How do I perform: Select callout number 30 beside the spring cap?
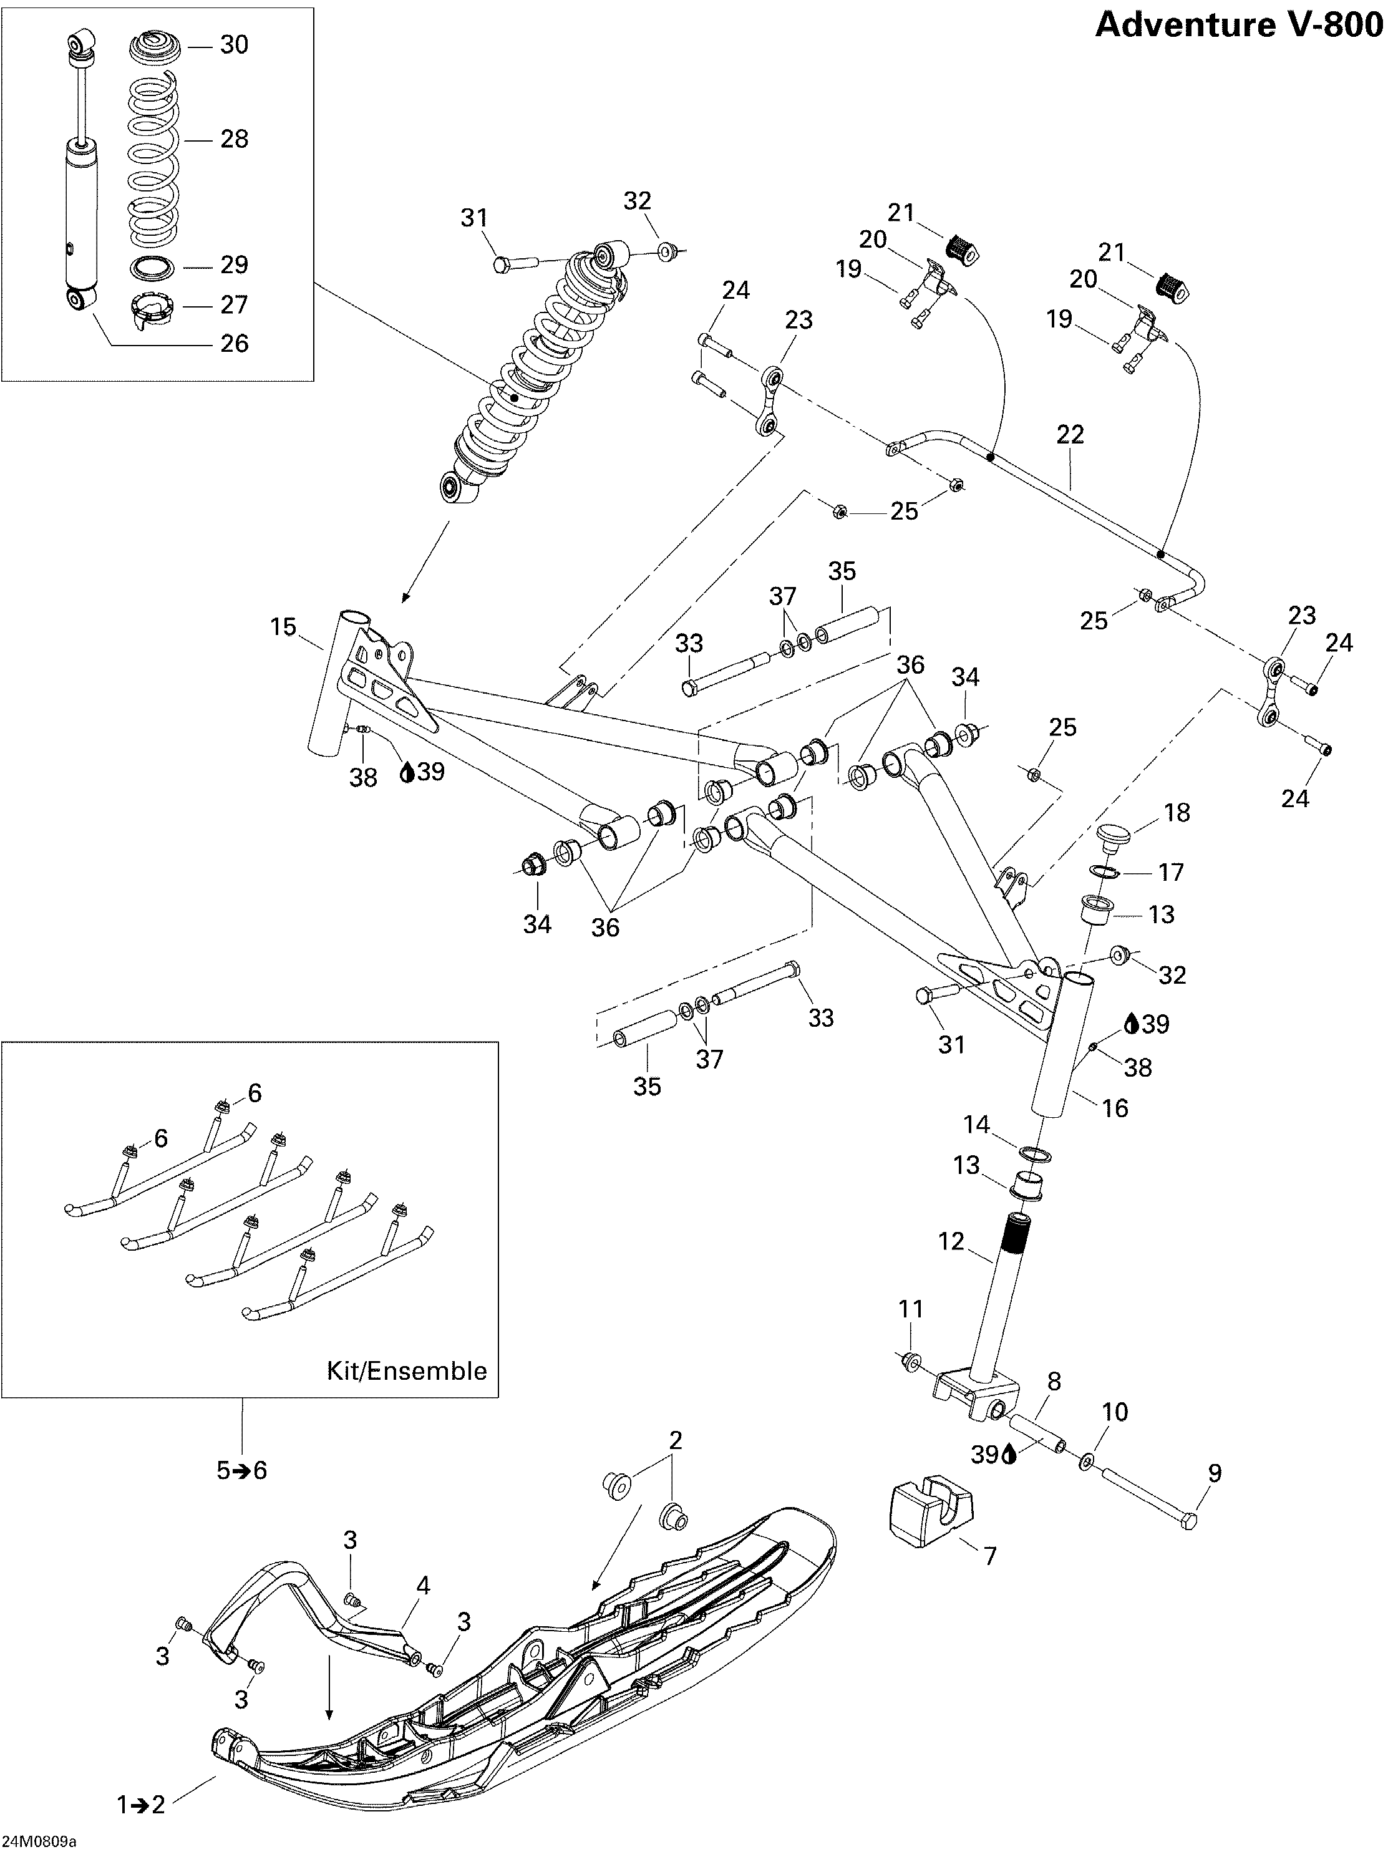pyautogui.click(x=235, y=45)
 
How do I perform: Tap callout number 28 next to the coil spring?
pyautogui.click(x=235, y=139)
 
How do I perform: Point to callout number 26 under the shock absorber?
pyautogui.click(x=235, y=343)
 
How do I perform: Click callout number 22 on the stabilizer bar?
pyautogui.click(x=1070, y=435)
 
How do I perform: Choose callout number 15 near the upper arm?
pyautogui.click(x=284, y=626)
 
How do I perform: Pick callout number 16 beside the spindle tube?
pyautogui.click(x=1115, y=1108)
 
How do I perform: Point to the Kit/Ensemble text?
pyautogui.click(x=406, y=1370)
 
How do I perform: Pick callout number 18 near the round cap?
pyautogui.click(x=1177, y=812)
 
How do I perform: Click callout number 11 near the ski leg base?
pyautogui.click(x=911, y=1309)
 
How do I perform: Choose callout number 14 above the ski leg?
pyautogui.click(x=976, y=1125)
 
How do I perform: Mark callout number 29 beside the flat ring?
pyautogui.click(x=235, y=264)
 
